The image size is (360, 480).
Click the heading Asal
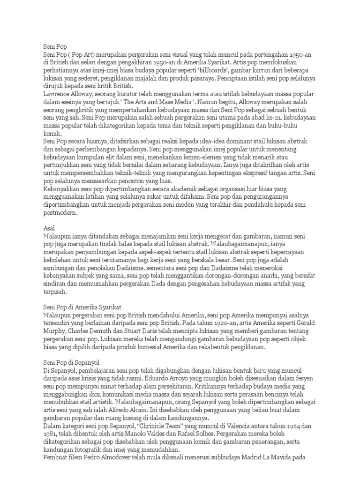49,227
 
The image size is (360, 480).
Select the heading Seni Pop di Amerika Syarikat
82,306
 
